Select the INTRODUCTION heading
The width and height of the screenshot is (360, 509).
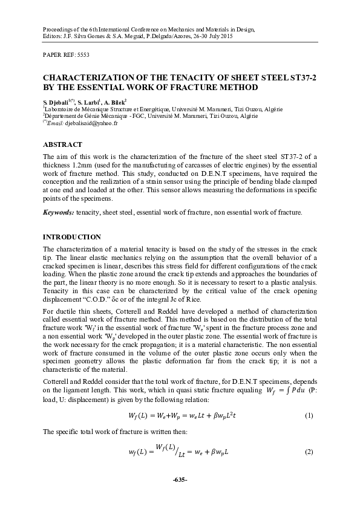(71, 236)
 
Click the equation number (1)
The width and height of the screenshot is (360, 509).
(309, 417)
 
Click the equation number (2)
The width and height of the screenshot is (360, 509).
(309, 453)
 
